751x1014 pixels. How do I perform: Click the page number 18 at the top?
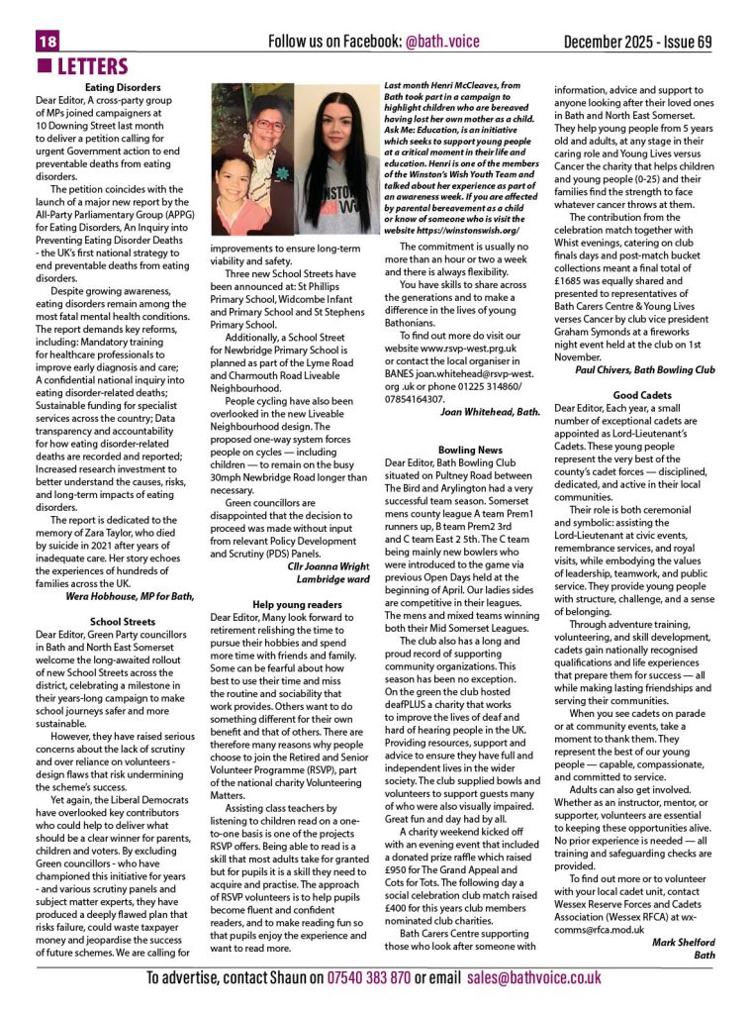pyautogui.click(x=47, y=42)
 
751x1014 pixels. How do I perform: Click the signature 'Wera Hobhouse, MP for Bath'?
pyautogui.click(x=130, y=596)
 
